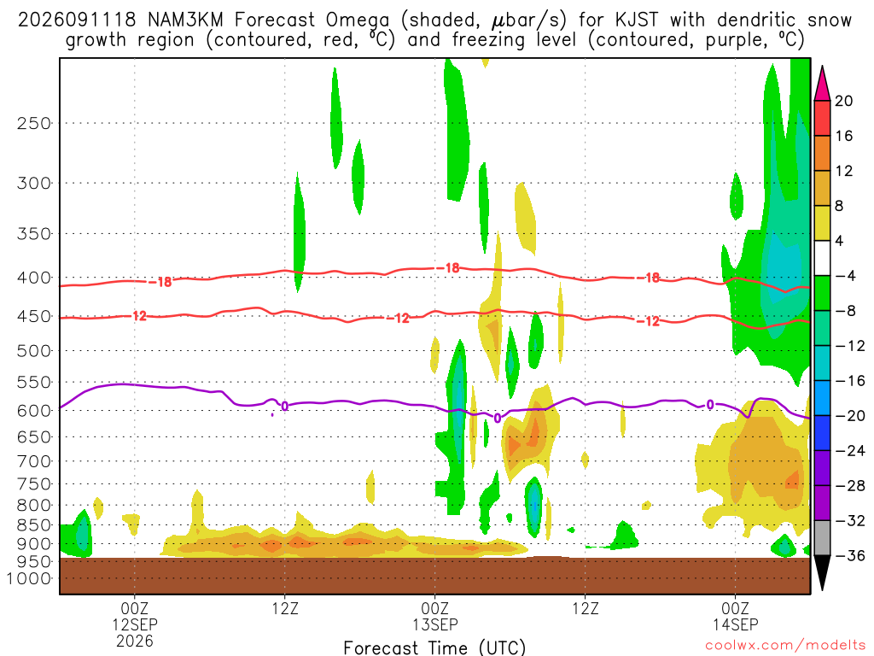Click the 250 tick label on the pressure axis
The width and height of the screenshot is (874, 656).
click(34, 123)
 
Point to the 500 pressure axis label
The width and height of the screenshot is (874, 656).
click(34, 351)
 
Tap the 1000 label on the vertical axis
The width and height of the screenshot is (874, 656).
click(29, 578)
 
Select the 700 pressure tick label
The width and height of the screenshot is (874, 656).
click(34, 461)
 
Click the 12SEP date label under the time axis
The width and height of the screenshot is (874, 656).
click(135, 624)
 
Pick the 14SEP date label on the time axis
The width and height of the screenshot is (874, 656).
click(735, 624)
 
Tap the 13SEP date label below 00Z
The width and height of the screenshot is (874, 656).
click(434, 624)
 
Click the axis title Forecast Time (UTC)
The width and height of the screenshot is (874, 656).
click(434, 647)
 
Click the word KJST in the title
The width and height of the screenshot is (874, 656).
click(637, 20)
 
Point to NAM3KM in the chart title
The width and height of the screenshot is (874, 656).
click(185, 20)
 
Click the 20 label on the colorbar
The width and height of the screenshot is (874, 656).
click(843, 101)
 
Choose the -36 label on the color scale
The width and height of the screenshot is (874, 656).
click(849, 555)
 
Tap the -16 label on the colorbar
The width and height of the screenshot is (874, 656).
click(849, 381)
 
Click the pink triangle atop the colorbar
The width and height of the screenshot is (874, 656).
click(822, 84)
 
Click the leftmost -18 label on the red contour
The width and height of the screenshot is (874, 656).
click(161, 282)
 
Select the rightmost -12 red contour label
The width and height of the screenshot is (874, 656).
click(648, 321)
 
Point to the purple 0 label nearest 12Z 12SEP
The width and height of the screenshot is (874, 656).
click(285, 406)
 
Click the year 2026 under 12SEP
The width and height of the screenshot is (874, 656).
click(135, 641)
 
